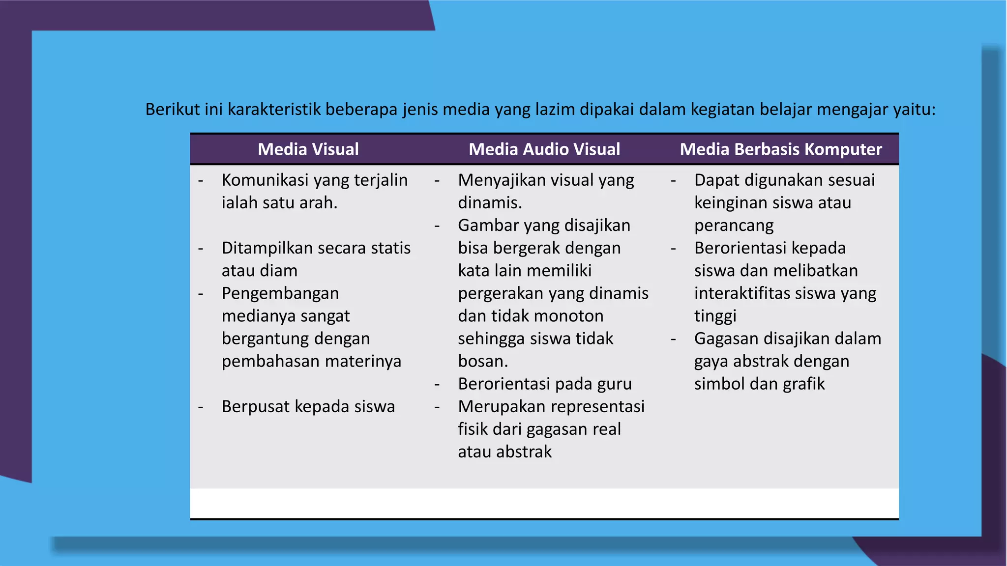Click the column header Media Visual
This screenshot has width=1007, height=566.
pyautogui.click(x=308, y=149)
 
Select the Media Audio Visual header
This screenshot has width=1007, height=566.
pyautogui.click(x=544, y=149)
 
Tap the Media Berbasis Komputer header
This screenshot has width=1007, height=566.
pyautogui.click(x=781, y=149)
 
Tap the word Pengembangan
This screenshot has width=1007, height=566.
pyautogui.click(x=280, y=293)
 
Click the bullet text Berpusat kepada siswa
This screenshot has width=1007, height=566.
pyautogui.click(x=308, y=407)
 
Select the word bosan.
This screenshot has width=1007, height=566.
pyautogui.click(x=482, y=362)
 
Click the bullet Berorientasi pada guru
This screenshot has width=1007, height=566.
pyautogui.click(x=545, y=384)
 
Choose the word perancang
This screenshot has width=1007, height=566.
pyautogui.click(x=734, y=226)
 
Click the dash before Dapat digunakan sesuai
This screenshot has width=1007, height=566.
pyautogui.click(x=673, y=181)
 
